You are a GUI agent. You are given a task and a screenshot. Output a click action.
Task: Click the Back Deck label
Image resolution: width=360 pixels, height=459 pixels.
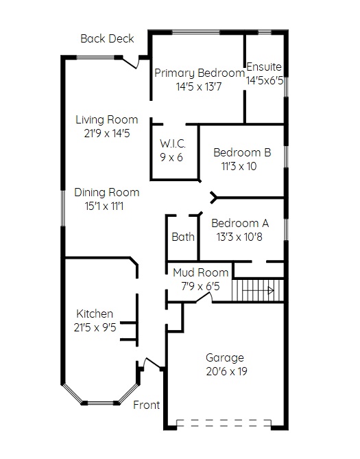[x=107, y=38]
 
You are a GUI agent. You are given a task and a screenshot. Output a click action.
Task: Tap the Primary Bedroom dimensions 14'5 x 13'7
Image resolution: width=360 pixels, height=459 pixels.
[x=199, y=86]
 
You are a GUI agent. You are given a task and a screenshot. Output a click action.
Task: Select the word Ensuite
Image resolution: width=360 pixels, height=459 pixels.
[x=264, y=67]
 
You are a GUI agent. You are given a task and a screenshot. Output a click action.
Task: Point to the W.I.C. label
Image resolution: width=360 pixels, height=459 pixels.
[x=173, y=143]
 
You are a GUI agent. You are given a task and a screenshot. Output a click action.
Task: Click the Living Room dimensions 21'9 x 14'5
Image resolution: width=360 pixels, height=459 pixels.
[x=107, y=134]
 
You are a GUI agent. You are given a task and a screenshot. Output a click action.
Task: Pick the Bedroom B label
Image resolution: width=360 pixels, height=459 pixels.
[x=242, y=152]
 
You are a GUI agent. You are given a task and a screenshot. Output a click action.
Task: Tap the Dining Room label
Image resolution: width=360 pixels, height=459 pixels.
[x=107, y=192]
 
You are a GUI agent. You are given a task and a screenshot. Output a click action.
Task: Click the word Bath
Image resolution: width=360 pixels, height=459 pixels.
[x=183, y=237]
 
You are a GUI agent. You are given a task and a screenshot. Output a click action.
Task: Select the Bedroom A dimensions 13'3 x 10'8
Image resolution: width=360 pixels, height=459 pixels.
[x=239, y=237]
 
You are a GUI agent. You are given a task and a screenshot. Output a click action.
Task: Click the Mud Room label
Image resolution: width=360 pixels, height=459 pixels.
[x=200, y=272]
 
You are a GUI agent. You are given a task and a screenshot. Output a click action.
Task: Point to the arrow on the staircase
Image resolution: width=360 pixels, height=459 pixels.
[x=258, y=291]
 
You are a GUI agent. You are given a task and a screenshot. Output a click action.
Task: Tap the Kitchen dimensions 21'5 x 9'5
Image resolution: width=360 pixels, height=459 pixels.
[x=95, y=327]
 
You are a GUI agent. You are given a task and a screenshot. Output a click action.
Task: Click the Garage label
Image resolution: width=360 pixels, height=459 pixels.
[x=225, y=357]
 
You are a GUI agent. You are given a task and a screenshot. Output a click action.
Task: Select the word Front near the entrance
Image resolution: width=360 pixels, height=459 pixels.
[x=146, y=405]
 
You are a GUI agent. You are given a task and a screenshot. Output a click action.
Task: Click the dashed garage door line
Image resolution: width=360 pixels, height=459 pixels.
[x=224, y=423]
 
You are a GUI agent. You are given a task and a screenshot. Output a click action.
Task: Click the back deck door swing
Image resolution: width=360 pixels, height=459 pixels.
[x=130, y=63]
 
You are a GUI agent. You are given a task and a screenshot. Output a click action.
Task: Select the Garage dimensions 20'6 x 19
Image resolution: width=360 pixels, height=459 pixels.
[x=226, y=371]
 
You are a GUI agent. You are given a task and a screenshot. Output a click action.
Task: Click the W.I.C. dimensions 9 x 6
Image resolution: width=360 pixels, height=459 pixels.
[x=171, y=158]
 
